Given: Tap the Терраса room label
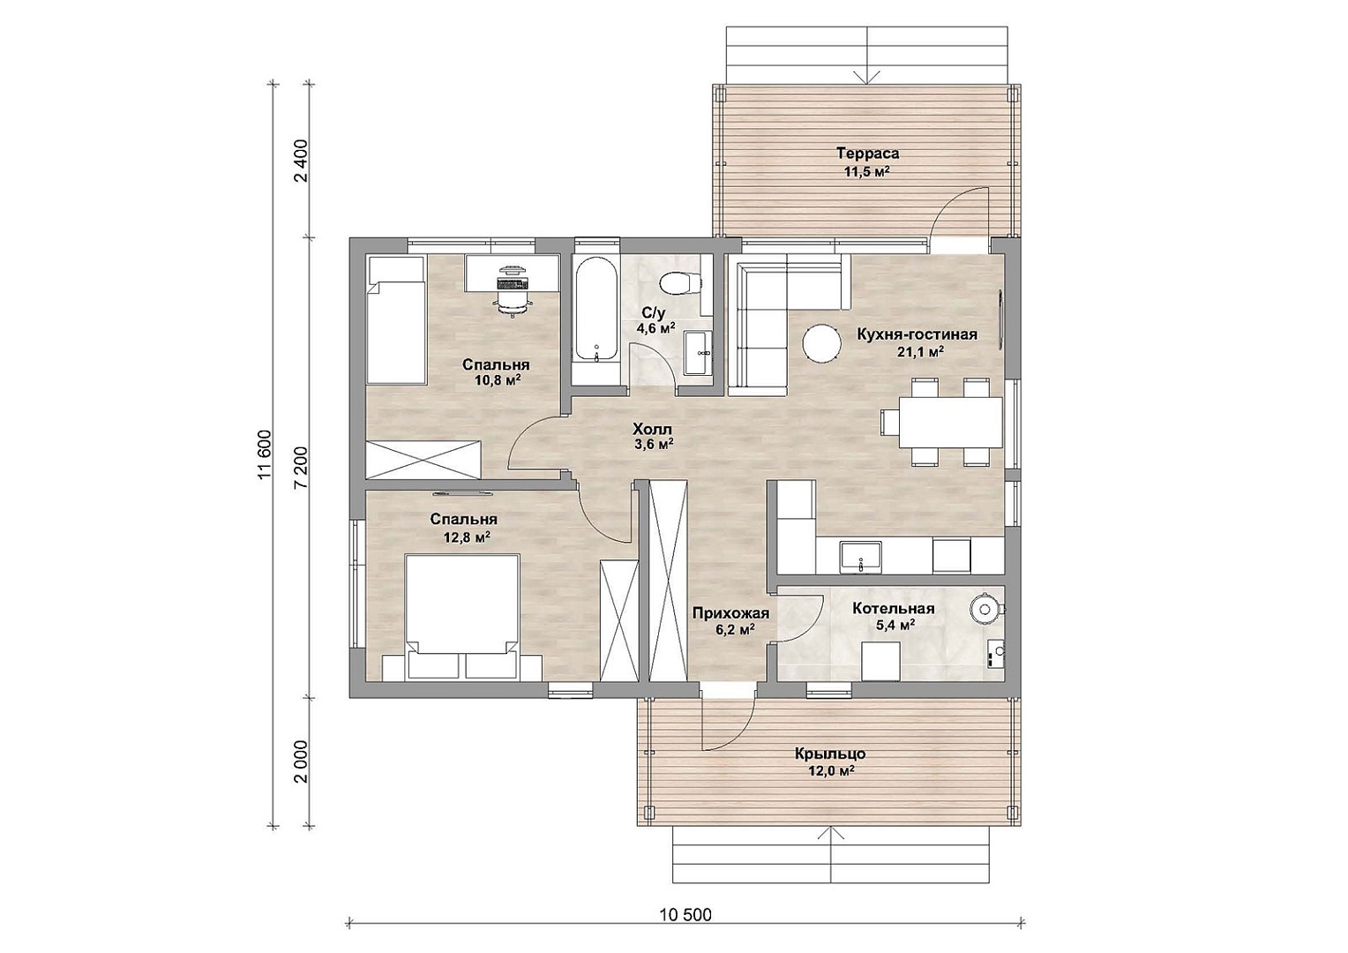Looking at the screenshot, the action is coord(867,154).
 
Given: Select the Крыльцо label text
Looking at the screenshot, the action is coord(830,754).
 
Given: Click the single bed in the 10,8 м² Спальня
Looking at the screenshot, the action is coord(397,319).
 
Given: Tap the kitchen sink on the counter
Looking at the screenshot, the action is coord(860,556).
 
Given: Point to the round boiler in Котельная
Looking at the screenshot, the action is coord(985,609).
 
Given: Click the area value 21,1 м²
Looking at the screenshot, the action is coord(919,352).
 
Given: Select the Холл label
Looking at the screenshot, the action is coord(652,429).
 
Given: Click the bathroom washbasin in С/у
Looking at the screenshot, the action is coord(698,353).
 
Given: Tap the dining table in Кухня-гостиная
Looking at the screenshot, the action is coord(951,422).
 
